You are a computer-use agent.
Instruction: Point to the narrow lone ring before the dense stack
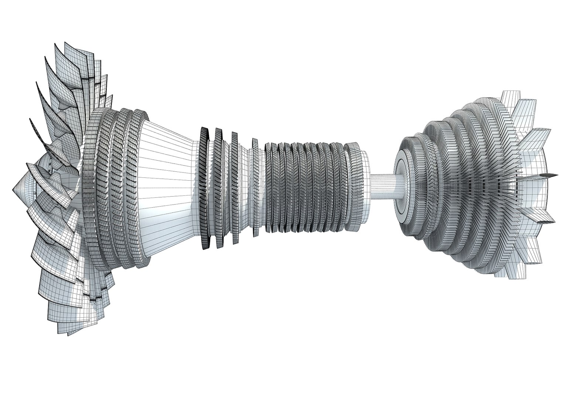[255, 187]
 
